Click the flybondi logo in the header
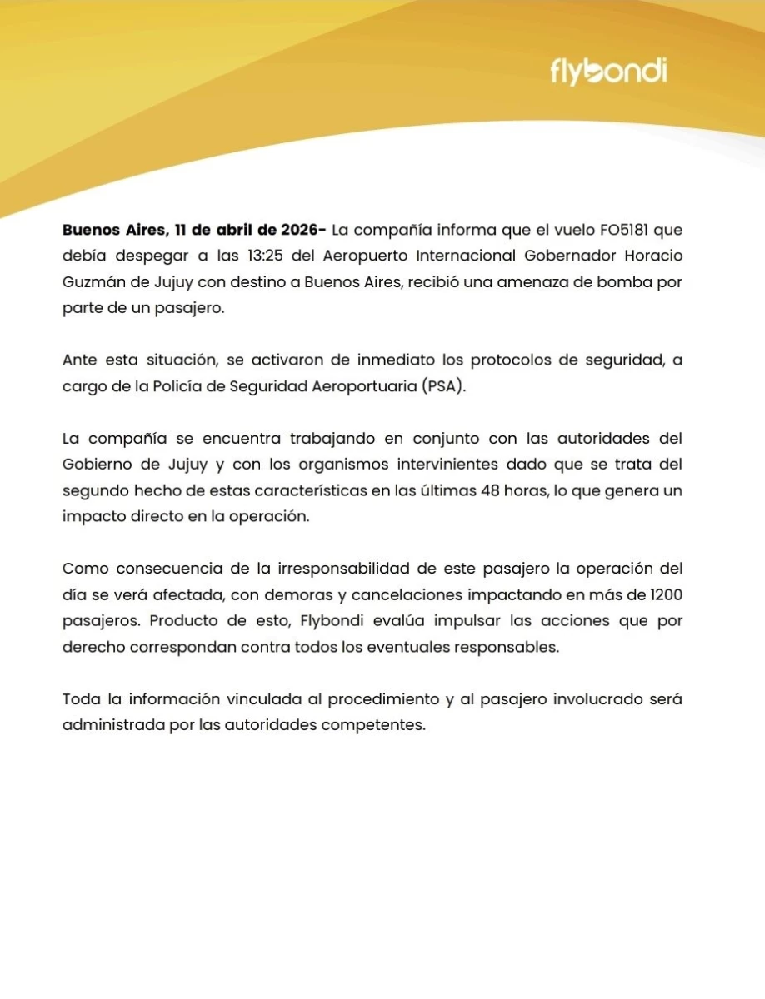coord(608,72)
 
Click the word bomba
coord(621,281)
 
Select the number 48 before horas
coord(492,490)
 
